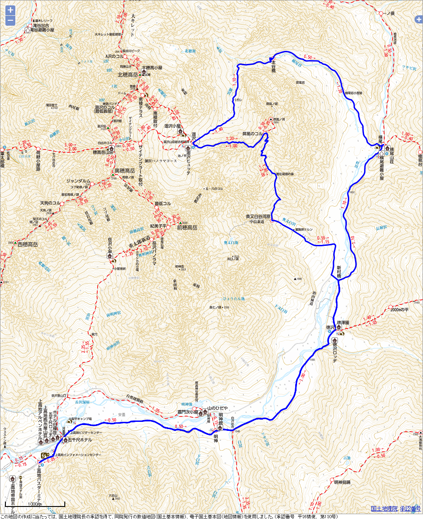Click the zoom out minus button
(9, 21)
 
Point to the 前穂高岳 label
(187, 228)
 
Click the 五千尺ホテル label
(80, 439)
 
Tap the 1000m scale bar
(35, 504)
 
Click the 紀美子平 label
(158, 225)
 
